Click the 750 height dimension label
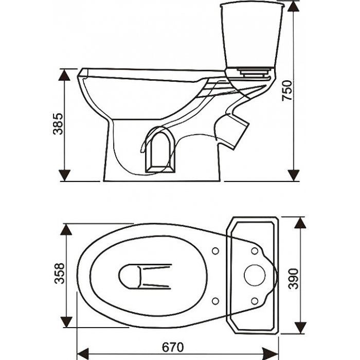click(287, 90)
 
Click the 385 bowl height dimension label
click(58, 124)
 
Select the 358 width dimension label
click(60, 273)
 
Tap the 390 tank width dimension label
click(294, 279)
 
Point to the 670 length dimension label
click(173, 347)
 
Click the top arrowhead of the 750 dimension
click(294, 6)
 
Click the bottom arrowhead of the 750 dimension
click(294, 175)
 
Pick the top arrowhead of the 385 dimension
click(64, 75)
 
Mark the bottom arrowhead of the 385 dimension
click(64, 175)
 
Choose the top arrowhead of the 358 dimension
click(66, 229)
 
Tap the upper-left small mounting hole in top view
click(215, 251)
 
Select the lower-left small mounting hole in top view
click(215, 301)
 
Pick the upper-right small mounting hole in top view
click(255, 251)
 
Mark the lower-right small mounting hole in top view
click(255, 301)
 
